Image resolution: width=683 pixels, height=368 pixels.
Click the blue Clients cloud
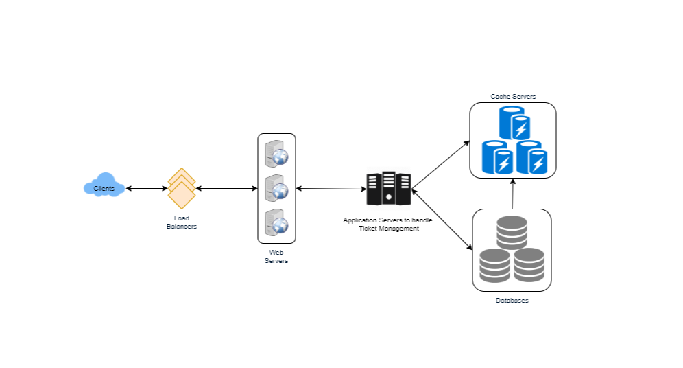pos(104,186)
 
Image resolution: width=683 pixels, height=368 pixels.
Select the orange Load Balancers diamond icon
pos(182,188)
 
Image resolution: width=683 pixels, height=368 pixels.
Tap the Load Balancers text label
pos(182,222)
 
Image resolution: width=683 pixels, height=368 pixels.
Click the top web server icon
pos(276,153)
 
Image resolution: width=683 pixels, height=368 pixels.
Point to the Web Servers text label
pos(276,257)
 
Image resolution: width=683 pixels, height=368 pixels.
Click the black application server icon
pos(388,188)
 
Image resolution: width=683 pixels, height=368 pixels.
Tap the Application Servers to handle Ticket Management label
pos(387,224)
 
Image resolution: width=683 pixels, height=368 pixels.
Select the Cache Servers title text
pos(512,96)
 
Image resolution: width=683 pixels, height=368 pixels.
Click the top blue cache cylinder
pos(513,124)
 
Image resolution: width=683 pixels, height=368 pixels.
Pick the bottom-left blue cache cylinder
pos(497,157)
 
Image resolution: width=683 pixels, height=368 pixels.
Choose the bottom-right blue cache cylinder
pos(531,157)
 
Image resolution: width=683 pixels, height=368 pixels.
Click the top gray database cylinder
pos(512,232)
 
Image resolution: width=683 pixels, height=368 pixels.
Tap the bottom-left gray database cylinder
pos(495,265)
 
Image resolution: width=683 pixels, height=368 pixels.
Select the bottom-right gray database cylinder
pos(529,265)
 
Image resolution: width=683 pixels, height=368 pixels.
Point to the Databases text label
pos(512,301)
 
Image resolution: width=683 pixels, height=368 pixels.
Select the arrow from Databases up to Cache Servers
pos(512,194)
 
